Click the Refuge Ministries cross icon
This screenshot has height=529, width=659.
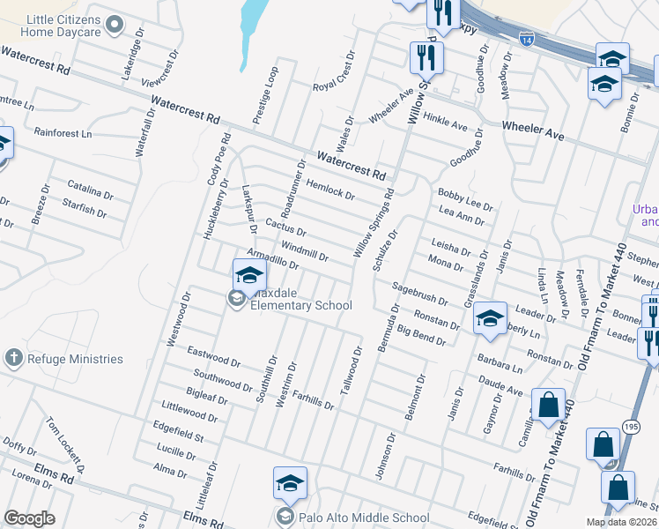tap(12, 358)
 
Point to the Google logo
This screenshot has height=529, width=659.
tap(29, 518)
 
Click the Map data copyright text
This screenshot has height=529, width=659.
tap(622, 522)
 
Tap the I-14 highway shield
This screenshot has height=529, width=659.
tap(527, 41)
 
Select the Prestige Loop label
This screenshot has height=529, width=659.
tap(265, 95)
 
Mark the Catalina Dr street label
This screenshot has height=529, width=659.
tap(91, 189)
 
